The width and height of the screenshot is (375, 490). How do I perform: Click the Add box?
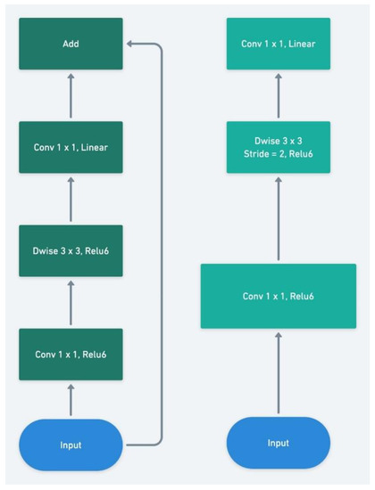(71, 44)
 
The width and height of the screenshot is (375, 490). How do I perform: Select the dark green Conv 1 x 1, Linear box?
(71, 146)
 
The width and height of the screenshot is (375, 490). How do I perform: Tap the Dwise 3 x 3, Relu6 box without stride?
(71, 250)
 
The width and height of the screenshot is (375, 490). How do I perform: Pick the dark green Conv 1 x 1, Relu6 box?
(71, 355)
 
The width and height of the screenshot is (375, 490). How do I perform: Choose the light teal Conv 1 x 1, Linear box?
(278, 44)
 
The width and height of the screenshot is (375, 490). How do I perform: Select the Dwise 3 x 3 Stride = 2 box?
(278, 147)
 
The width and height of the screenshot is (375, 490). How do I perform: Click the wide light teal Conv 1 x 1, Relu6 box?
(278, 296)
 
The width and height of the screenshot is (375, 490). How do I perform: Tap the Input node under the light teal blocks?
(278, 443)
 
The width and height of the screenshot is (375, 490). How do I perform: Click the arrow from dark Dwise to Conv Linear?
(71, 199)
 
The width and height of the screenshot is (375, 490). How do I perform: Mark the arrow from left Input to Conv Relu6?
(71, 400)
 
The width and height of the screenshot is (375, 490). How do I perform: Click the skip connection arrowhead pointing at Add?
(130, 44)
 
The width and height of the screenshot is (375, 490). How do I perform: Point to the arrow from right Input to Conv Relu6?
(278, 372)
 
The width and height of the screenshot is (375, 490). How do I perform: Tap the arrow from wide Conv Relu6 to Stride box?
(278, 218)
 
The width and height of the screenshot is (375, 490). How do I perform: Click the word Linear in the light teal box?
(300, 44)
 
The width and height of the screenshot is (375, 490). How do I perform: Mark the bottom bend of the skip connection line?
(161, 443)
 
